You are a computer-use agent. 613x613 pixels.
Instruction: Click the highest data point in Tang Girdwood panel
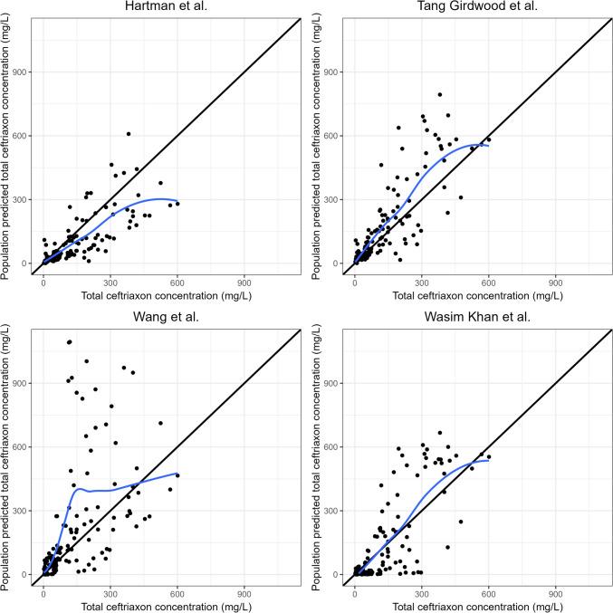pyautogui.click(x=440, y=94)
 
